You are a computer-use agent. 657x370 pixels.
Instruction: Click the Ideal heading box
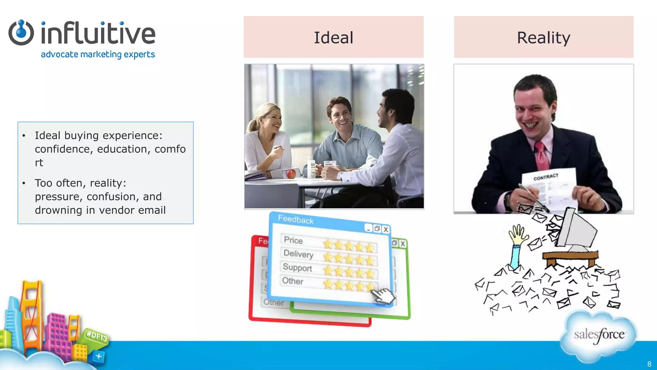(x=334, y=37)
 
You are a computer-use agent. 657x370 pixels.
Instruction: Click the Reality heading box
(x=543, y=37)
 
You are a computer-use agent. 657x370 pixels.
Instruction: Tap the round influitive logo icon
(x=21, y=33)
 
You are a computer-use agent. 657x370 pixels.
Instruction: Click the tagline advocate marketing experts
(x=98, y=55)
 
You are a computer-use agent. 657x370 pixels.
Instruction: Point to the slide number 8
(x=649, y=364)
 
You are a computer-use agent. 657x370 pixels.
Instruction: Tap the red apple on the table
(x=291, y=174)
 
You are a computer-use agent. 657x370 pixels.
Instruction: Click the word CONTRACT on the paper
(x=546, y=177)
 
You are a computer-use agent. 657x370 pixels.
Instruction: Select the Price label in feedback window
(x=293, y=240)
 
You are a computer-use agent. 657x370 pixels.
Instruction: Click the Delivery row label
(x=298, y=254)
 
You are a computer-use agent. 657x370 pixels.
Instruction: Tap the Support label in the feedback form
(x=297, y=267)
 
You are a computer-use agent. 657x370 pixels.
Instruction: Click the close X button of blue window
(x=386, y=230)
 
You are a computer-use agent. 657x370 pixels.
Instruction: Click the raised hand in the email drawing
(x=518, y=235)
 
